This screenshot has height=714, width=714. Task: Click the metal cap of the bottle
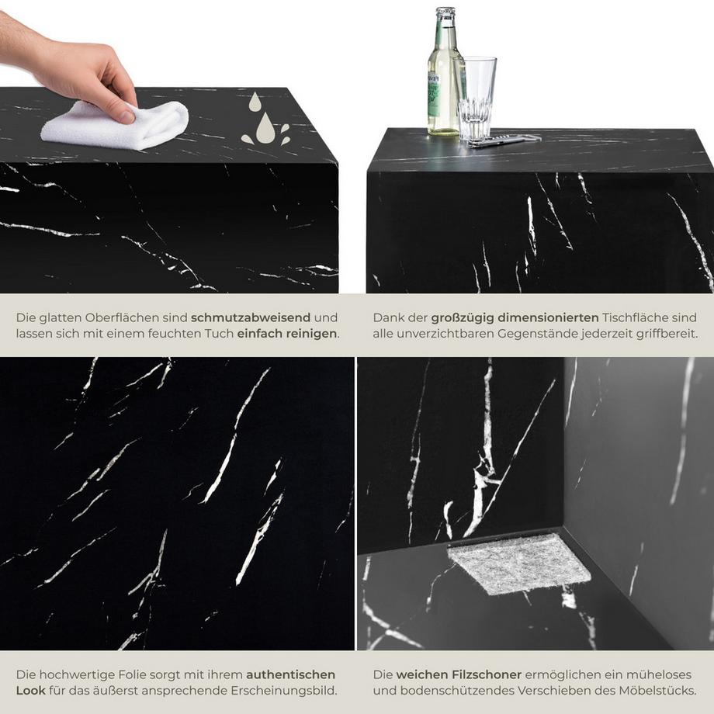pyautogui.click(x=445, y=13)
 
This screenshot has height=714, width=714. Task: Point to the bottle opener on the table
pyautogui.click(x=504, y=140)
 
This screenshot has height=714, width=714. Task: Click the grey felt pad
pyautogui.click(x=518, y=563)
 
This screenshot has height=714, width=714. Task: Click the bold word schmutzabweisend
pyautogui.click(x=251, y=317)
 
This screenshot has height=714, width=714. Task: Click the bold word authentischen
pyautogui.click(x=291, y=674)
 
